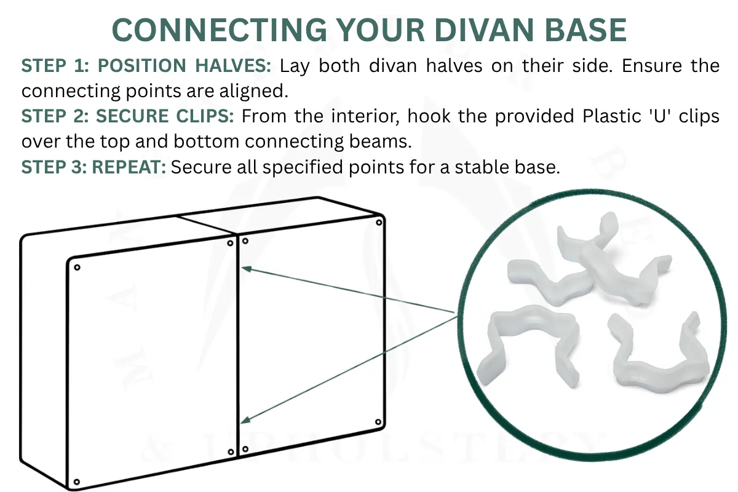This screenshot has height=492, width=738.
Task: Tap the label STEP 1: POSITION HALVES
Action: [145, 66]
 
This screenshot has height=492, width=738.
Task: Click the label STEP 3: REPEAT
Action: [93, 167]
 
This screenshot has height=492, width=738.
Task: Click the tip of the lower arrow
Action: [242, 421]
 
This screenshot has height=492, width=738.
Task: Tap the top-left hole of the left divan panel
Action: [77, 267]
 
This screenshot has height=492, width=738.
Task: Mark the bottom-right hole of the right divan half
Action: [378, 421]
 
